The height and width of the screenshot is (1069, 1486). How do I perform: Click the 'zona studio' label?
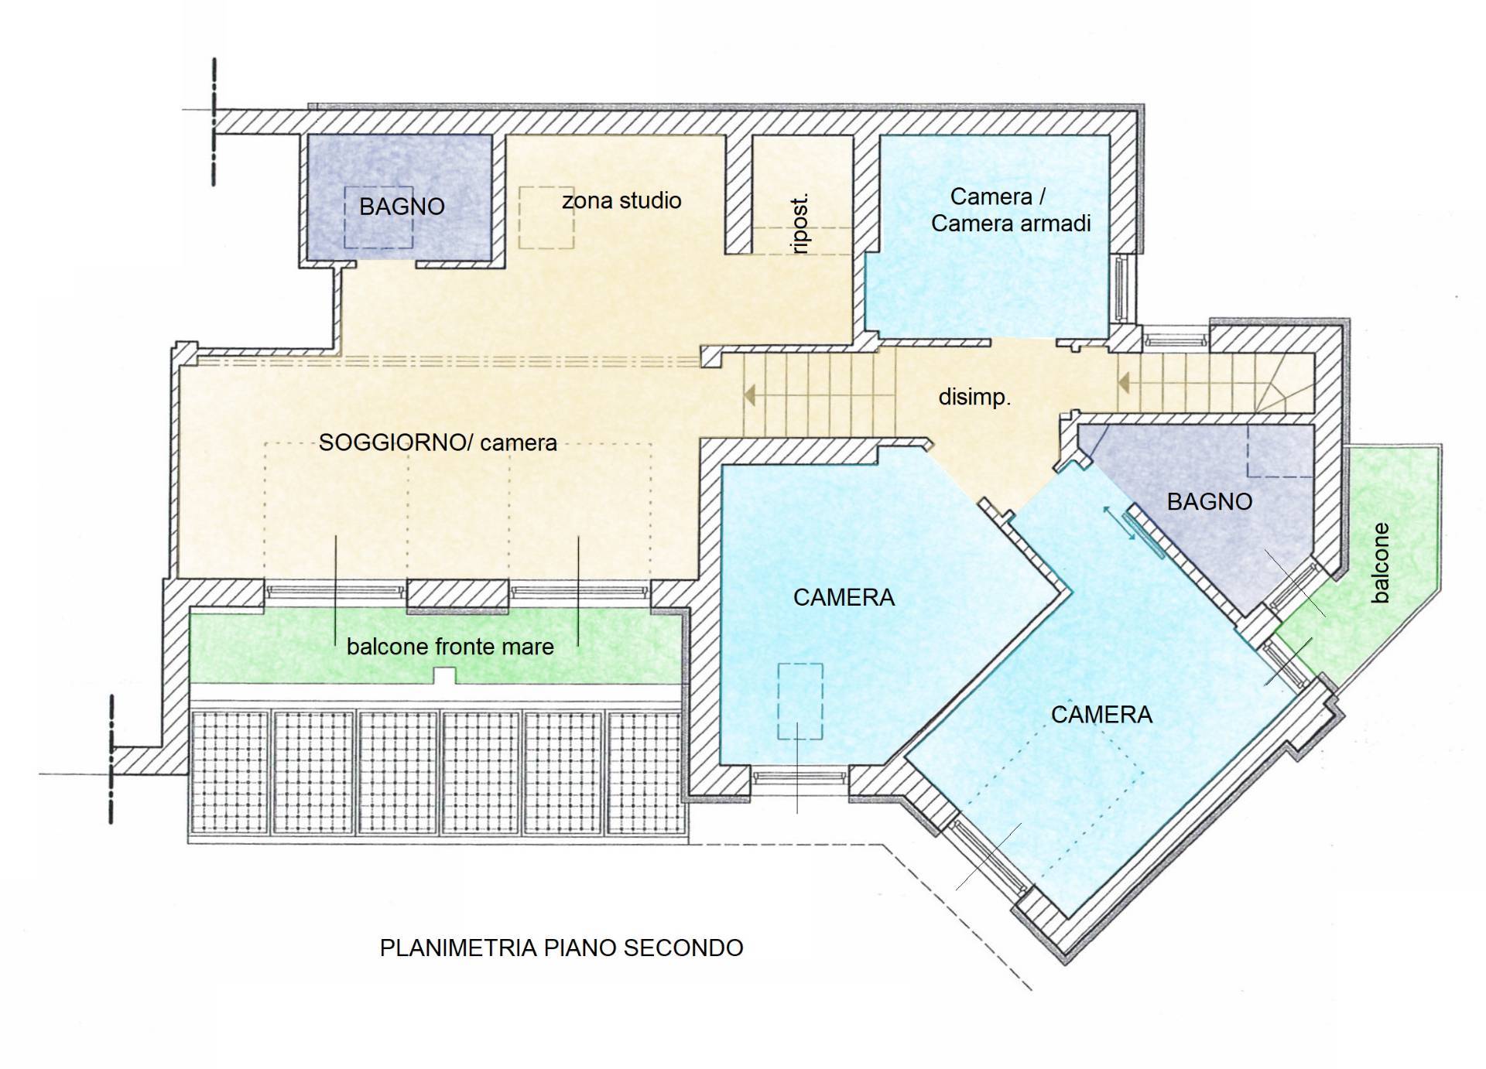[621, 201]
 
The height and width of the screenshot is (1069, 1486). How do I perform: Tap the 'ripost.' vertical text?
[801, 224]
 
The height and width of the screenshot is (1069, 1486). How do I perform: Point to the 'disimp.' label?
[974, 398]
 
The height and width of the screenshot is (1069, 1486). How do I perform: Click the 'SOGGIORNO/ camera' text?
[438, 442]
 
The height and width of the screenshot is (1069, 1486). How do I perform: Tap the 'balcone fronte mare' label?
[450, 647]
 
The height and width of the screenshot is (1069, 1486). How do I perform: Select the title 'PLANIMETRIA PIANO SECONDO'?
[561, 948]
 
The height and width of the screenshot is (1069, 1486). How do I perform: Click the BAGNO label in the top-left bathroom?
[402, 207]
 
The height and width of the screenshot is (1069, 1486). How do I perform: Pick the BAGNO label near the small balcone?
[1209, 502]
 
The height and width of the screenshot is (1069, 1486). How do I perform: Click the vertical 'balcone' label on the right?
[1380, 563]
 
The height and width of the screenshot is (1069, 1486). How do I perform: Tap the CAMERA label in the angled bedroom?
[1101, 715]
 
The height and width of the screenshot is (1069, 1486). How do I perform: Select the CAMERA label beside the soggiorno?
[844, 597]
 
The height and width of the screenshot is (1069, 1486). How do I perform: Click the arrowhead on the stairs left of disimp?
[749, 396]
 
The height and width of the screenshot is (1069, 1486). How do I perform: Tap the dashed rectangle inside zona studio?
[546, 217]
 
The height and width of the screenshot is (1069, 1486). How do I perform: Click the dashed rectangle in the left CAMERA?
[800, 701]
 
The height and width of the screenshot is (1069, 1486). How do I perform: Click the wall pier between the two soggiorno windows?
[457, 594]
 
